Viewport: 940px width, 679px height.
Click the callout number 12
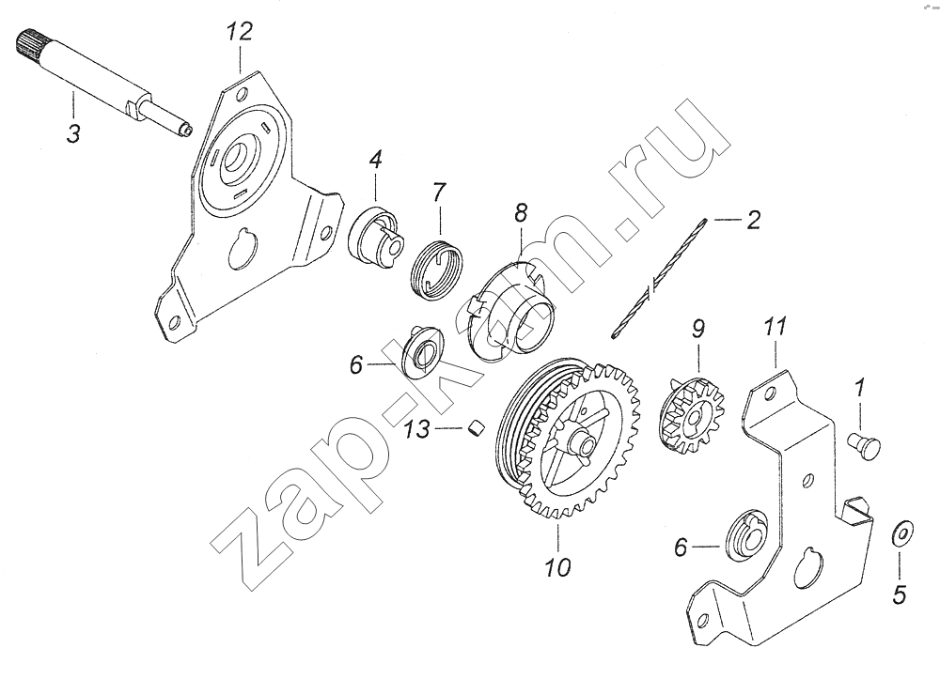pyautogui.click(x=239, y=31)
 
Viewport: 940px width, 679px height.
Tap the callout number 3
pyautogui.click(x=73, y=133)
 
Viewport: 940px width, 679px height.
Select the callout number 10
pyautogui.click(x=558, y=567)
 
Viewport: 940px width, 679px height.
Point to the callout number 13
pyautogui.click(x=416, y=428)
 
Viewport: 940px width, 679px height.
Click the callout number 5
pyautogui.click(x=899, y=594)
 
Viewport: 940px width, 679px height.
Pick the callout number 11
pyautogui.click(x=774, y=328)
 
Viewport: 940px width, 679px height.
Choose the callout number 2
pyautogui.click(x=753, y=220)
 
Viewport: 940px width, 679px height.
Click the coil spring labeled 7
pyautogui.click(x=439, y=269)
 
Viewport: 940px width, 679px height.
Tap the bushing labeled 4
pyautogui.click(x=377, y=236)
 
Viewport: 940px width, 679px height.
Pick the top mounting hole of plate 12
pyautogui.click(x=241, y=94)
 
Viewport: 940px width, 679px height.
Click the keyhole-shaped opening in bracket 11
pyautogui.click(x=807, y=567)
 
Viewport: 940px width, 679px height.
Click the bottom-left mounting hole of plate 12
pyautogui.click(x=174, y=322)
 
